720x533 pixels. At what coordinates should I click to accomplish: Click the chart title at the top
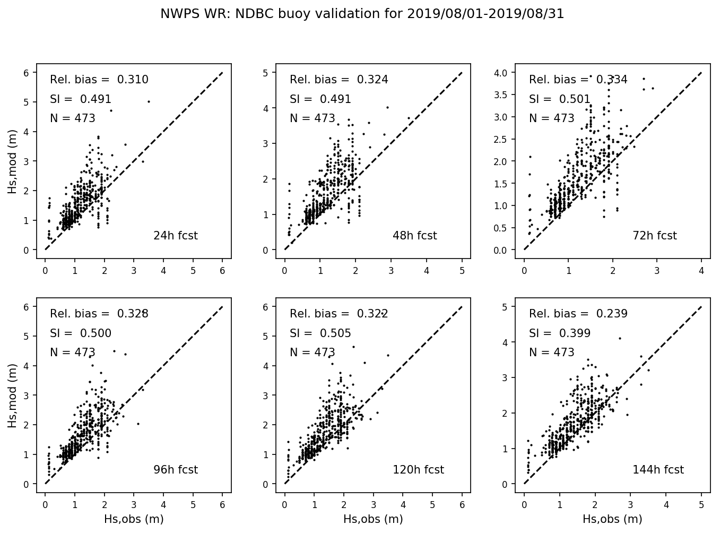362,14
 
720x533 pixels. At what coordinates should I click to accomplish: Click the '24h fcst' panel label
175,236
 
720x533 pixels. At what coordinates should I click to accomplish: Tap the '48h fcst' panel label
414,236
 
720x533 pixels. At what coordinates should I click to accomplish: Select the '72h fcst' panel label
654,236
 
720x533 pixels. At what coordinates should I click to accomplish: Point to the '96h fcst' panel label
175,470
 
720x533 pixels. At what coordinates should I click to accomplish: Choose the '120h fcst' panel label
418,470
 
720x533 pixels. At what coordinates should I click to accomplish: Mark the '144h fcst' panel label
658,470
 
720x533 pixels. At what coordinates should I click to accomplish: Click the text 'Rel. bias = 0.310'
99,80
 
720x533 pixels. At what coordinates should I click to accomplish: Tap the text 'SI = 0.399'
559,333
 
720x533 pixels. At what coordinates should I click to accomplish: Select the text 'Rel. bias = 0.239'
578,314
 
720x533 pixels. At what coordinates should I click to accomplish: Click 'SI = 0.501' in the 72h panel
559,99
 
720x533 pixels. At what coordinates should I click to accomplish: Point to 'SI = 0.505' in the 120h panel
320,333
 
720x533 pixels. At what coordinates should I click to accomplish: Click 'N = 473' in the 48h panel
312,118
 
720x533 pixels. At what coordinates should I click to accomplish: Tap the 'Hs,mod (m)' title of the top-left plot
12,161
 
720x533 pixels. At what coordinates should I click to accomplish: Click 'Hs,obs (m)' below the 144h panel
612,519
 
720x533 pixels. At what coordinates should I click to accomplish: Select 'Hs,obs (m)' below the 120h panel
373,519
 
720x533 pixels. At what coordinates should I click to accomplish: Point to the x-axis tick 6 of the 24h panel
222,271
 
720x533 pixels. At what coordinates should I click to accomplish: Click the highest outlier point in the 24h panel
149,101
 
